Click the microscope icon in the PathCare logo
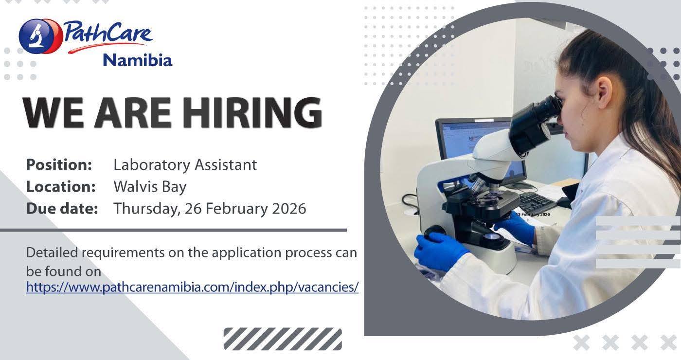tap(36, 36)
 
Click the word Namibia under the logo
tap(138, 60)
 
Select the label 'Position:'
tap(59, 164)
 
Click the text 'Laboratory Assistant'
tap(185, 164)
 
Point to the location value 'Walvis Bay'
tap(150, 186)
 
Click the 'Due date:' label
tap(62, 208)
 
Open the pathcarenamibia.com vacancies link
tap(193, 287)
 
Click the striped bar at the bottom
tap(283, 339)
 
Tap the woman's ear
tap(604, 91)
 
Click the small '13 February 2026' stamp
tap(533, 215)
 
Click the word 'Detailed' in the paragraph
tap(52, 252)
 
